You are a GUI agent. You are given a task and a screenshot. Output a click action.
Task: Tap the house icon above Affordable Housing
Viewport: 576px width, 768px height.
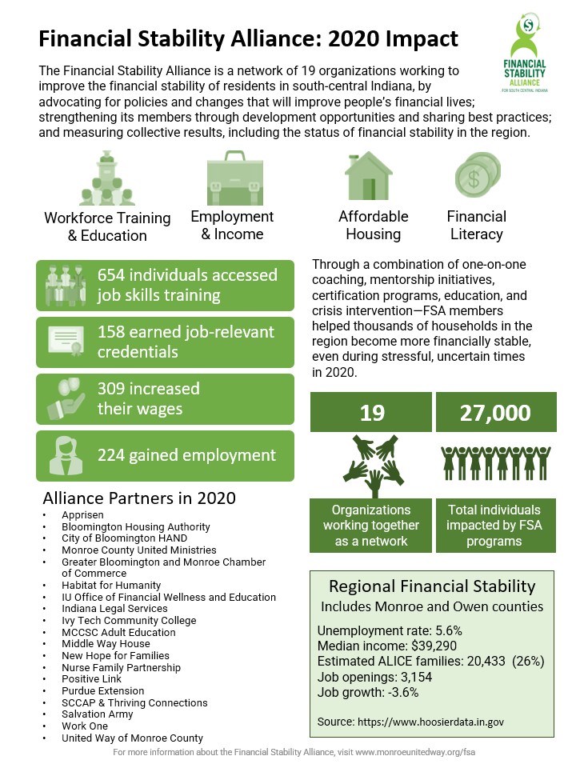point(368,175)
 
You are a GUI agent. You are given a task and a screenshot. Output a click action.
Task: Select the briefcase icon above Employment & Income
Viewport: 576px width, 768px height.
point(230,177)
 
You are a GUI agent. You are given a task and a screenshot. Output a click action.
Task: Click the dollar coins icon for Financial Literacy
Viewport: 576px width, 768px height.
point(477,175)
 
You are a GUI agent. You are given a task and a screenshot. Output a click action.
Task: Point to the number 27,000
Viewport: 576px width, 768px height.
point(495,412)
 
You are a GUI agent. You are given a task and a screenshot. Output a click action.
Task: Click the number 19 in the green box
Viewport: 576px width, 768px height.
point(372,412)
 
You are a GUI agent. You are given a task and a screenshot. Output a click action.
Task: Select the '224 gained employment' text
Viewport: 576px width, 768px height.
point(186,455)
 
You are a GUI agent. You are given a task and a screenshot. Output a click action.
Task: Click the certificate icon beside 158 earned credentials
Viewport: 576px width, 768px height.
point(67,342)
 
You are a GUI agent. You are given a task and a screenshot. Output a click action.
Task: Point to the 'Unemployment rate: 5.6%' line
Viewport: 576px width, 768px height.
point(390,630)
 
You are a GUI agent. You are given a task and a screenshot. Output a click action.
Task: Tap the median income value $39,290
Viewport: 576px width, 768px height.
point(433,646)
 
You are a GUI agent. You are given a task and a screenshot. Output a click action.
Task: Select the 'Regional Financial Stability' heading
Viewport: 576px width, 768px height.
point(432,586)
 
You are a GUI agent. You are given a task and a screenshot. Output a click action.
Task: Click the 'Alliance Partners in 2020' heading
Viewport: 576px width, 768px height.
point(139,498)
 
